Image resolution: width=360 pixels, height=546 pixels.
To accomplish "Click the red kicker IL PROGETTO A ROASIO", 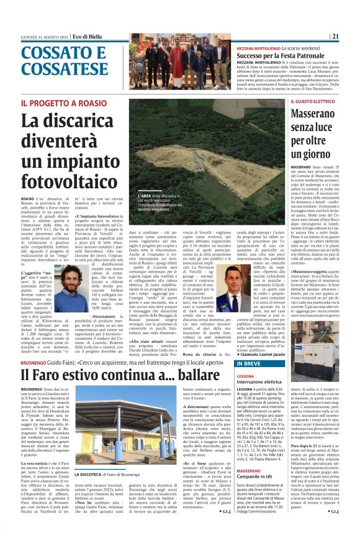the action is point(55,102).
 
